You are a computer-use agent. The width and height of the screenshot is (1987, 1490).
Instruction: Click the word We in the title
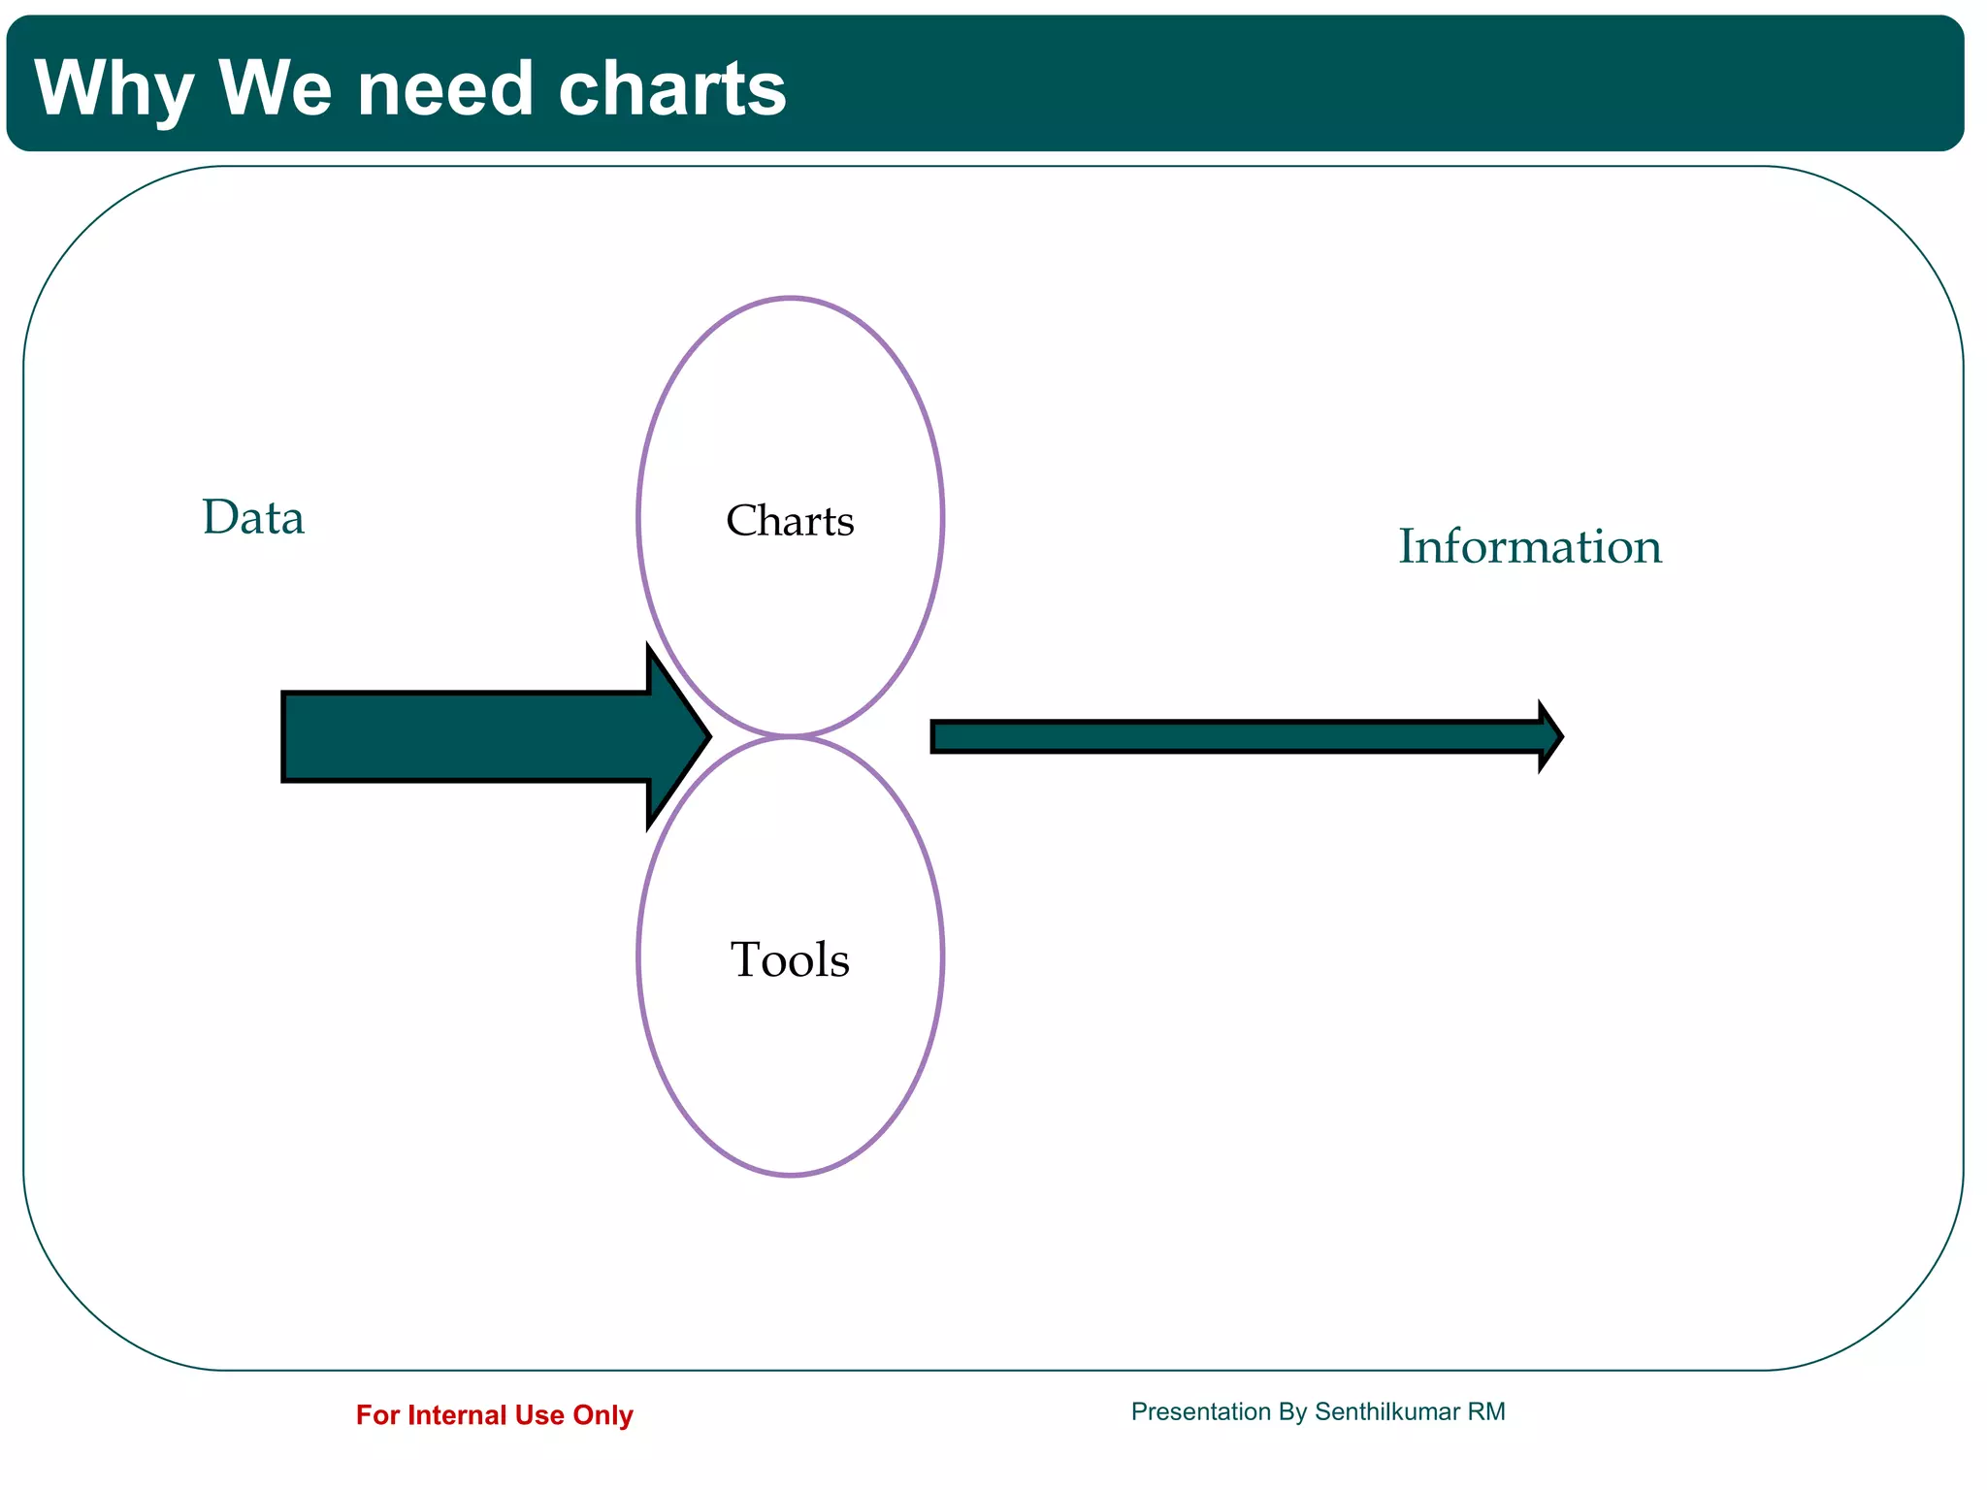pyautogui.click(x=276, y=89)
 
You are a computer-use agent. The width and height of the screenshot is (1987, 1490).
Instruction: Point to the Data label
pyautogui.click(x=253, y=518)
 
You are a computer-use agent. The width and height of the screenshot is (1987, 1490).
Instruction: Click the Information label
pyautogui.click(x=1529, y=547)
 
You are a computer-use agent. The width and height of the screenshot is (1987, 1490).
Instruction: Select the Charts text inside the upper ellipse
pyautogui.click(x=790, y=522)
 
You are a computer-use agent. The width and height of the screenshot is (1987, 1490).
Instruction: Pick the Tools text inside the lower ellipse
pyautogui.click(x=790, y=960)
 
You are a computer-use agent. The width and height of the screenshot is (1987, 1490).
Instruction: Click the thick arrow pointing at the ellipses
pyautogui.click(x=466, y=736)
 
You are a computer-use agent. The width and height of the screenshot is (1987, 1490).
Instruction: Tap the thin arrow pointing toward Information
pyautogui.click(x=1232, y=737)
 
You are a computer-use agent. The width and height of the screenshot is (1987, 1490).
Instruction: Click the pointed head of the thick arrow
pyautogui.click(x=679, y=736)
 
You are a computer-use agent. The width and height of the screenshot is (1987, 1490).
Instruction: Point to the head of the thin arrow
pyautogui.click(x=1550, y=737)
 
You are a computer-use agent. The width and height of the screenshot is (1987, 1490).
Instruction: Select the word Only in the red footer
pyautogui.click(x=603, y=1415)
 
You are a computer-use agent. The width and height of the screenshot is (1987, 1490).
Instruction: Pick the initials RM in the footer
pyautogui.click(x=1486, y=1411)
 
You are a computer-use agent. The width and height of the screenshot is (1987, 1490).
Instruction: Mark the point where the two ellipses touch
pyautogui.click(x=791, y=736)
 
